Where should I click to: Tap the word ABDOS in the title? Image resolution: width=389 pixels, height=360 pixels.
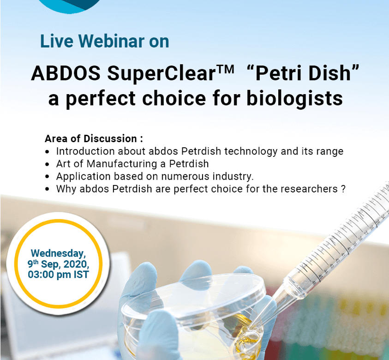click(x=66, y=73)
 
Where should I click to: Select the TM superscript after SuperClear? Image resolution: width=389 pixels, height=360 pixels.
click(x=225, y=69)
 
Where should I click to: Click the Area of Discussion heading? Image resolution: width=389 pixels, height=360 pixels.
click(x=94, y=138)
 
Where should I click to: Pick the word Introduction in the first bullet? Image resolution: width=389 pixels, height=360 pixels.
click(x=85, y=151)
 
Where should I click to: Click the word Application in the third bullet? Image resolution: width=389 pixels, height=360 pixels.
click(x=84, y=176)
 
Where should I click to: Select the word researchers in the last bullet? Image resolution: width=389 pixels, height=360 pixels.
click(x=309, y=189)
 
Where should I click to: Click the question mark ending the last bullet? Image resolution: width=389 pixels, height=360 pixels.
click(x=343, y=189)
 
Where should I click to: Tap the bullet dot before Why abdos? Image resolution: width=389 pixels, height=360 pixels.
click(x=48, y=189)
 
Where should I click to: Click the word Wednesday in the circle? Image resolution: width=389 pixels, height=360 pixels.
click(x=58, y=253)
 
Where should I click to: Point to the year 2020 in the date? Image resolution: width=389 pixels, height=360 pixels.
click(x=76, y=264)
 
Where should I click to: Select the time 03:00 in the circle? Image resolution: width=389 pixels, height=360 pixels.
click(x=41, y=275)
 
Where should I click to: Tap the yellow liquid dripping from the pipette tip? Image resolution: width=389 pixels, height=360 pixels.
click(x=249, y=339)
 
